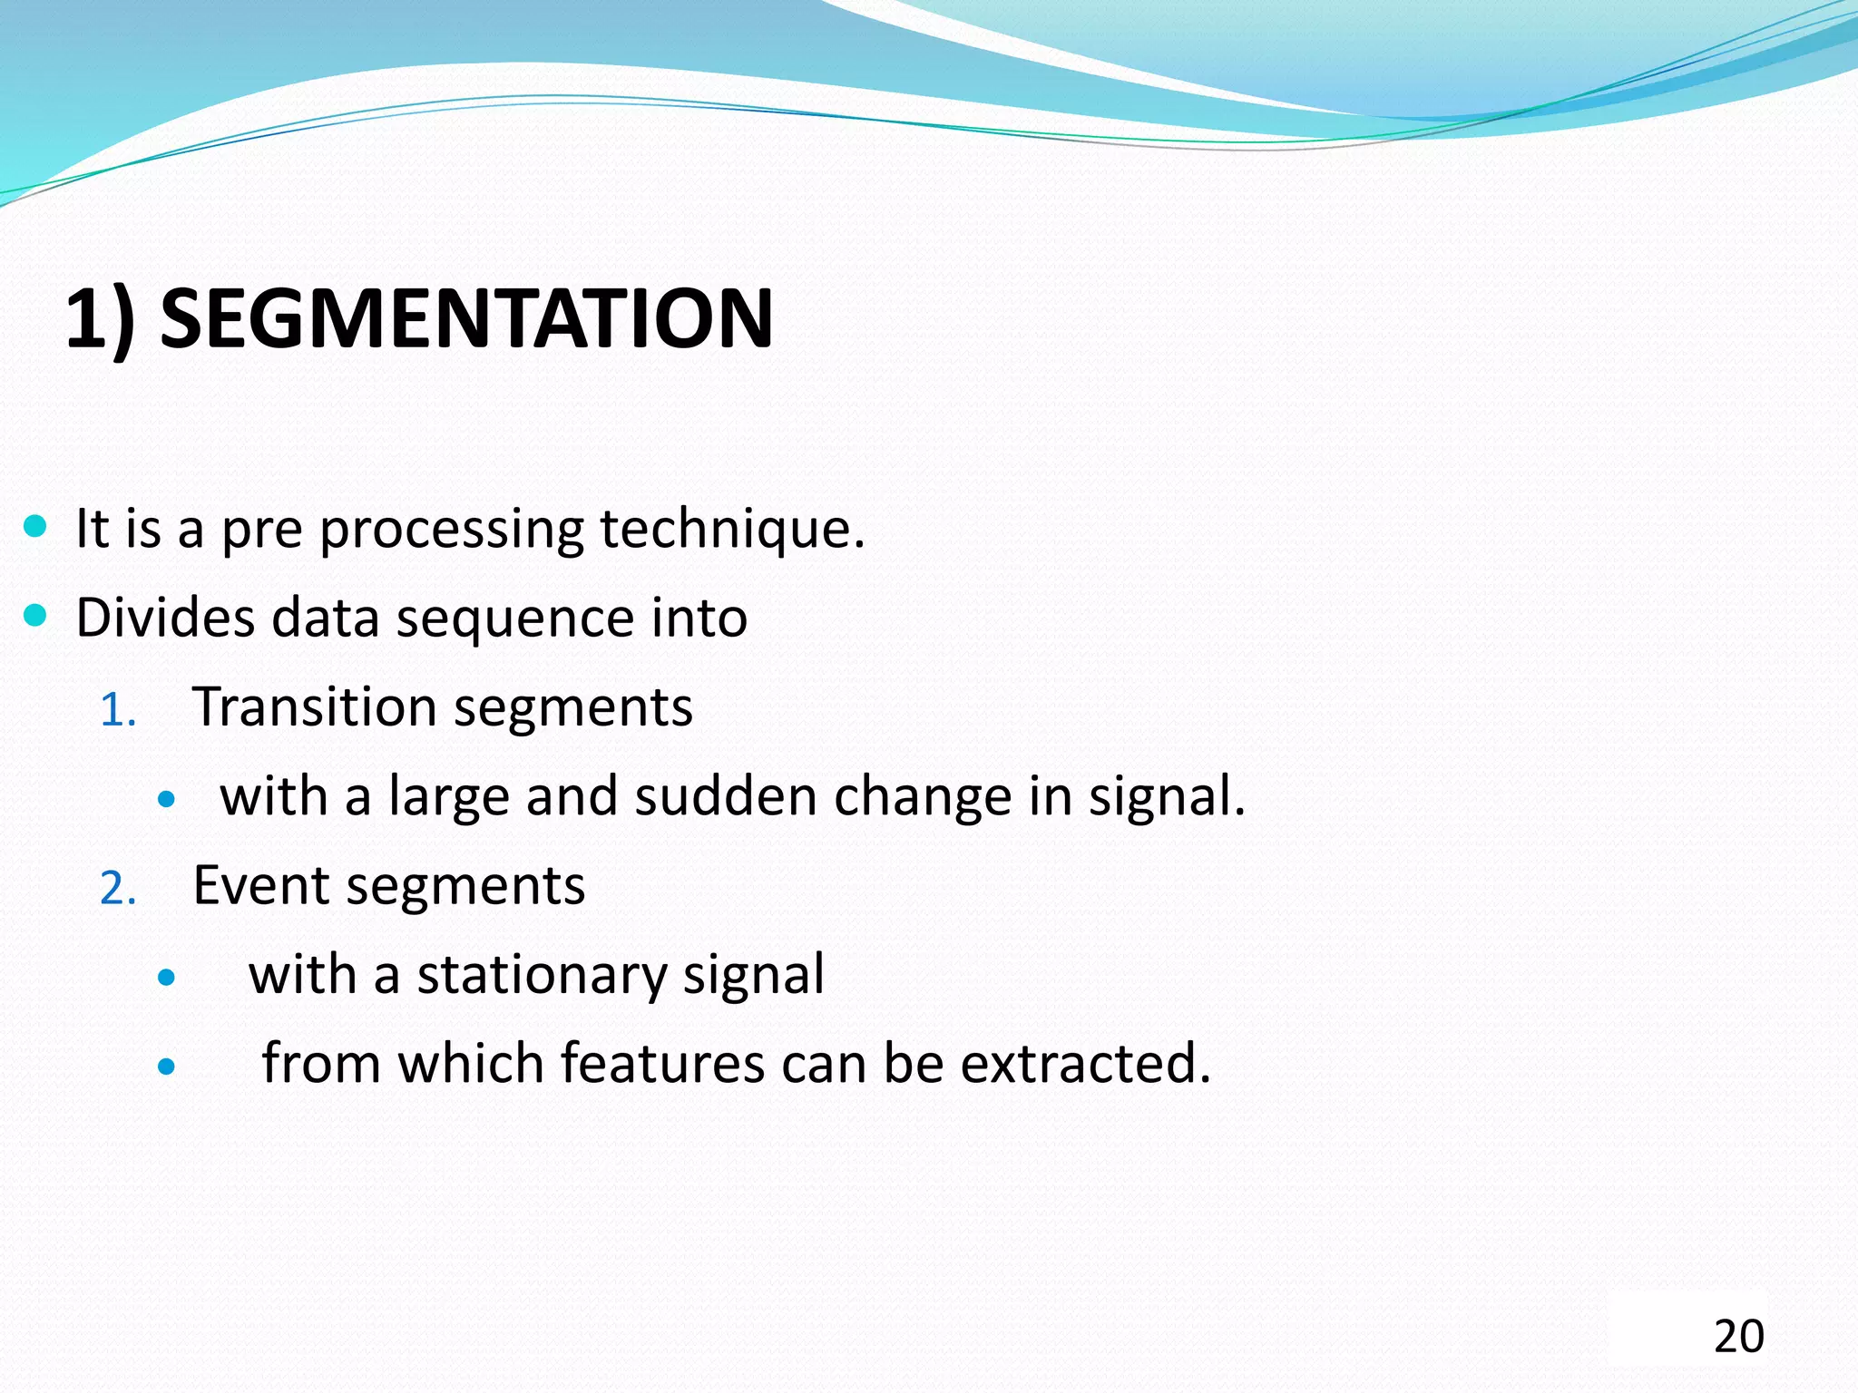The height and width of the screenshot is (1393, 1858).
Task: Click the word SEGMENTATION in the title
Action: pyautogui.click(x=466, y=318)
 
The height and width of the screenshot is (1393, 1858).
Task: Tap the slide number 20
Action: pyautogui.click(x=1738, y=1336)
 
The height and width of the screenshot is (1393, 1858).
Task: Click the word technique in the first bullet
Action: pyautogui.click(x=732, y=529)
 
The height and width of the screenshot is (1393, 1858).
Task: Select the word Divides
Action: pyautogui.click(x=165, y=618)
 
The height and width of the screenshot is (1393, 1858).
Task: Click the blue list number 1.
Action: pyautogui.click(x=117, y=710)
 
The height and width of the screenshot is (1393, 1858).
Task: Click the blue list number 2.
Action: pyautogui.click(x=118, y=888)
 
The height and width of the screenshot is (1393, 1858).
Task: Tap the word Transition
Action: pyautogui.click(x=314, y=706)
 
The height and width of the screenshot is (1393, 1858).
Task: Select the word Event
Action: pyautogui.click(x=260, y=885)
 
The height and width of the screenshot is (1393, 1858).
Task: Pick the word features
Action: pyautogui.click(x=662, y=1064)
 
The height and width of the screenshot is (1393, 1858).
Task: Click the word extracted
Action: pyautogui.click(x=1085, y=1064)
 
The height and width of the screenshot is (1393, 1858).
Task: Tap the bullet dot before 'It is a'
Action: pyautogui.click(x=34, y=526)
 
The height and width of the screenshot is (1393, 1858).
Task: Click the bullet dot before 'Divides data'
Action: pyautogui.click(x=34, y=616)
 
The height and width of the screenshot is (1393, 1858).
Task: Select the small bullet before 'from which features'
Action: pyautogui.click(x=165, y=1067)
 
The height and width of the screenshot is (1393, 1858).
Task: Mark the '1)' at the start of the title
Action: pyautogui.click(x=100, y=318)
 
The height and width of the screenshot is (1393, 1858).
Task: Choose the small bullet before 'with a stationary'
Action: pyautogui.click(x=165, y=978)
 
